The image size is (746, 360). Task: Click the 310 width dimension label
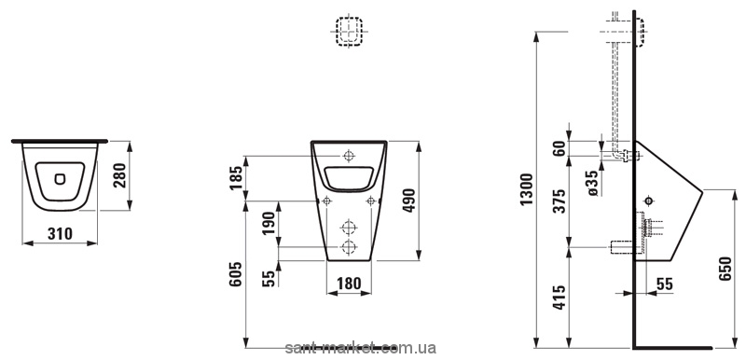coord(60,233)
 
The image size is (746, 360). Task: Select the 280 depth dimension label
coord(121,175)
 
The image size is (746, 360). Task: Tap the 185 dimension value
coord(236,178)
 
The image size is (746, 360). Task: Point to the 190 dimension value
coord(269,224)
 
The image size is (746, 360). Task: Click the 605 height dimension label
coord(236,274)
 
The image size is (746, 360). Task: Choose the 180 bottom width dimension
coord(349,284)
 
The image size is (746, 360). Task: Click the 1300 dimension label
coord(527,189)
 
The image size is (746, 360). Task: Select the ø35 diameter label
coord(592,183)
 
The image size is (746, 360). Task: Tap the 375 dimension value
coord(560,201)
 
